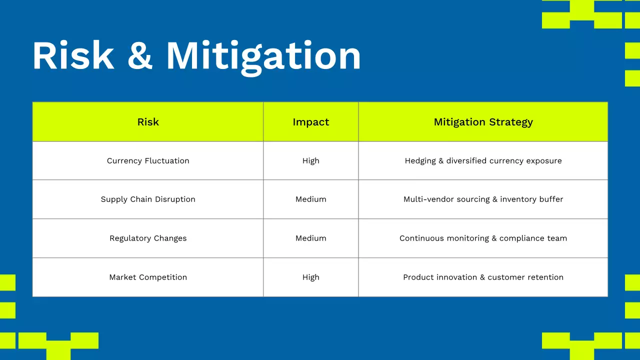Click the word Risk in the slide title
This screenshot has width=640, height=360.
pyautogui.click(x=73, y=55)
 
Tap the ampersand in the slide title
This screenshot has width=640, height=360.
pyautogui.click(x=139, y=55)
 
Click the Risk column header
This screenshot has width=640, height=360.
pyautogui.click(x=148, y=122)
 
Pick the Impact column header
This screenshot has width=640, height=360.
pyautogui.click(x=311, y=122)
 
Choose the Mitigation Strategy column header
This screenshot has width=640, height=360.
pyautogui.click(x=483, y=122)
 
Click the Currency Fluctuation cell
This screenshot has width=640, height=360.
pyautogui.click(x=148, y=161)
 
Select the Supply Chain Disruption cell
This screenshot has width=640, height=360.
pyautogui.click(x=148, y=199)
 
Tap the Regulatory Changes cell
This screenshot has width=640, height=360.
pyautogui.click(x=148, y=238)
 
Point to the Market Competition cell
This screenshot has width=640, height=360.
pyautogui.click(x=148, y=277)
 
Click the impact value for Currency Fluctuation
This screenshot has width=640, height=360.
pyautogui.click(x=311, y=161)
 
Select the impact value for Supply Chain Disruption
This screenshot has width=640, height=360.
pyautogui.click(x=311, y=199)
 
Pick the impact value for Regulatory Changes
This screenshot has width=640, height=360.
pyautogui.click(x=311, y=238)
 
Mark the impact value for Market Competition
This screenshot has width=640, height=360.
pyautogui.click(x=311, y=277)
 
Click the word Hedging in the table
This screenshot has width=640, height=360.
pyautogui.click(x=420, y=161)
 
